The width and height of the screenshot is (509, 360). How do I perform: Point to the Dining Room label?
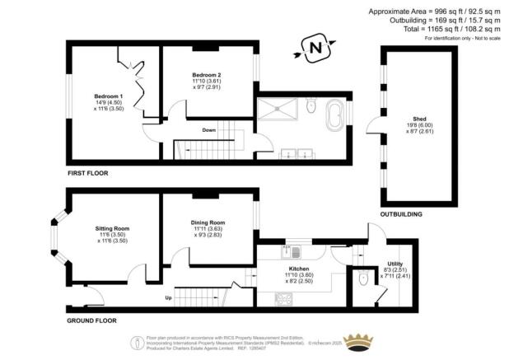tap(208, 222)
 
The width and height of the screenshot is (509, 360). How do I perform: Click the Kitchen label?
tap(298, 269)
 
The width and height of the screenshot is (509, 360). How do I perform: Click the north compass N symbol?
tap(314, 50)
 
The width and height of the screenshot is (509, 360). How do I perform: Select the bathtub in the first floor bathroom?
tap(336, 115)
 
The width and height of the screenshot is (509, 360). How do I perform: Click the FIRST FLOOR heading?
tap(87, 174)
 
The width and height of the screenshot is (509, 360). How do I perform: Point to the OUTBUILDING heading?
tap(401, 214)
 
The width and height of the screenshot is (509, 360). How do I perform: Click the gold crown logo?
tap(358, 340)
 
